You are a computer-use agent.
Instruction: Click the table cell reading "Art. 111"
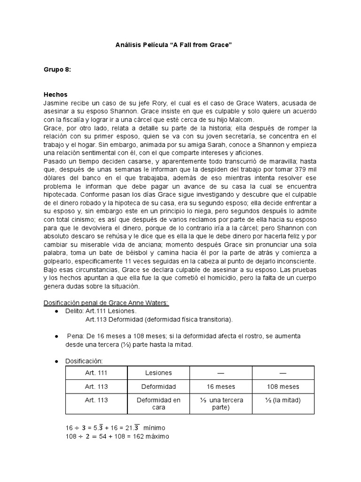(97, 373)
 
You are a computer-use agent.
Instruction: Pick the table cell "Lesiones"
(159, 373)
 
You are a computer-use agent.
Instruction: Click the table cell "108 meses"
(283, 386)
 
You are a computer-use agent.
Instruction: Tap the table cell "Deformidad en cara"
(159, 403)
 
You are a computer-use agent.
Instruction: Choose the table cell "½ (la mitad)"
(283, 400)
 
